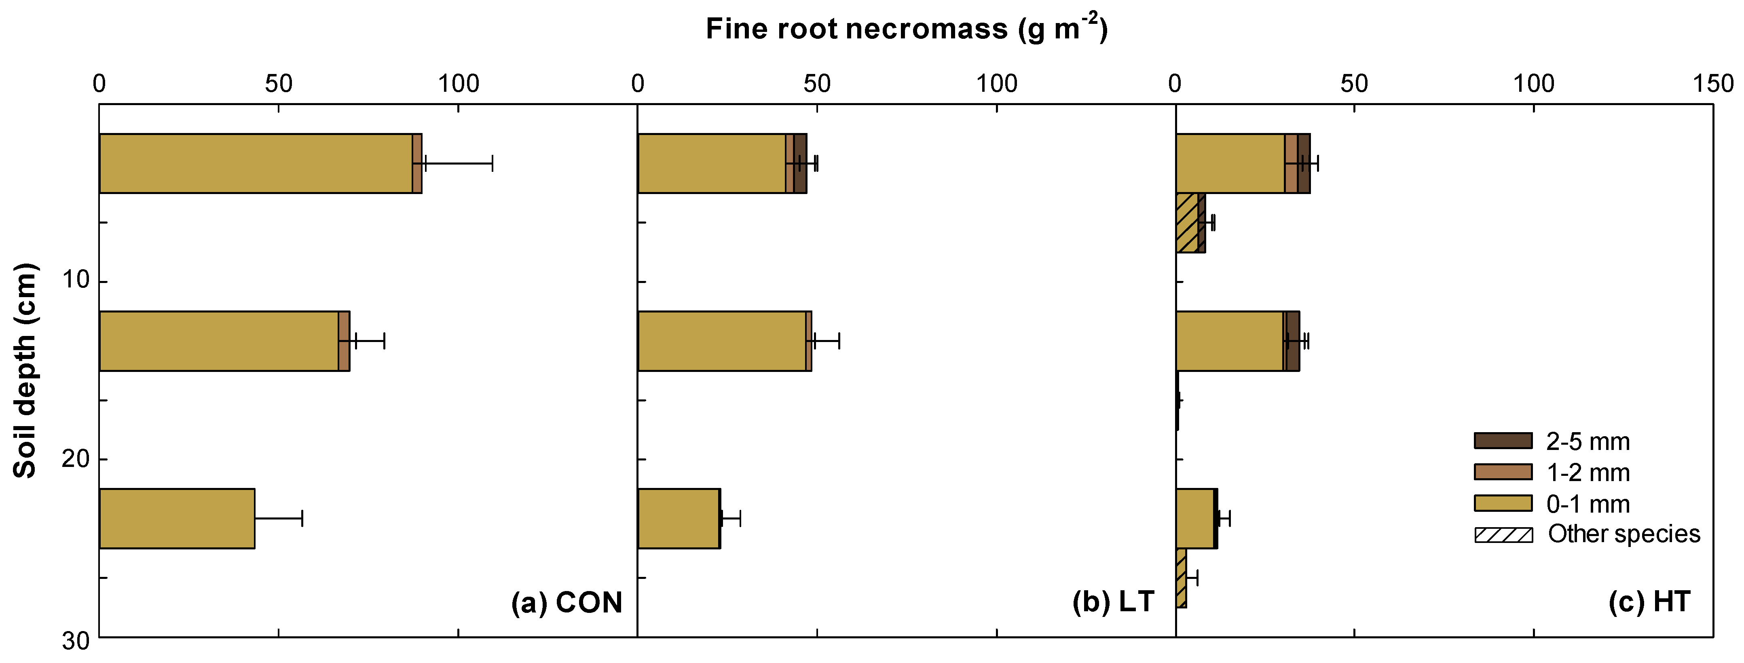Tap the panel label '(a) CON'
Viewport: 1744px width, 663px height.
click(566, 602)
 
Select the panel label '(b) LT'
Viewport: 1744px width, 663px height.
click(1113, 602)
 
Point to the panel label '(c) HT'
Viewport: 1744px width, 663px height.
click(1649, 602)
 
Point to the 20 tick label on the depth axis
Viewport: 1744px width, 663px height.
click(76, 459)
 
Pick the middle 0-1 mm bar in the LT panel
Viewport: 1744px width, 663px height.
click(722, 341)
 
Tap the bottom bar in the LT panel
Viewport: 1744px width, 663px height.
click(679, 518)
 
